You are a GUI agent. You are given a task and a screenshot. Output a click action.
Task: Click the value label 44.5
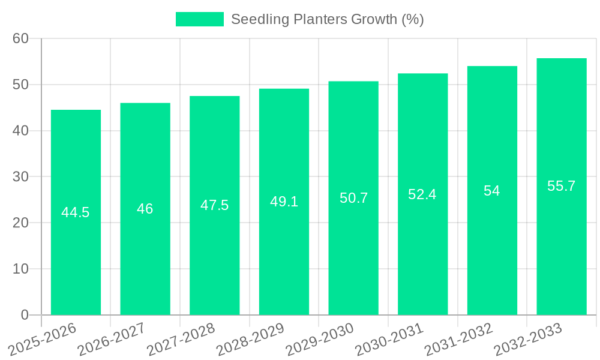coord(76,212)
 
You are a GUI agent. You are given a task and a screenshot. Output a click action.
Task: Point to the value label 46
coord(145,209)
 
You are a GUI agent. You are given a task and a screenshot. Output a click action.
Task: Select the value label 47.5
coord(214,205)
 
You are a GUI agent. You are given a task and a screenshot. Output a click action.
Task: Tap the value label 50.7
coord(353,198)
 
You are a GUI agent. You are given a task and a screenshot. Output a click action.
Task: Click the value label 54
coord(492,191)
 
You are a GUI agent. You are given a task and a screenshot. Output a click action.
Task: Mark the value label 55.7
coord(562,186)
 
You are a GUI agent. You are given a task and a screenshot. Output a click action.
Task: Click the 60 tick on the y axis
coord(21,38)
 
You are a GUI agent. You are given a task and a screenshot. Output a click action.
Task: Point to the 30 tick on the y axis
coord(21,177)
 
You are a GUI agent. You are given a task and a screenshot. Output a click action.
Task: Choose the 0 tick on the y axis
coord(25,315)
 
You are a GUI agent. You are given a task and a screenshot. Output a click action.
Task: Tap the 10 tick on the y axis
coord(21,269)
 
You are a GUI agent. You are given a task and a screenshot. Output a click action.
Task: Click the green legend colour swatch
coord(199,19)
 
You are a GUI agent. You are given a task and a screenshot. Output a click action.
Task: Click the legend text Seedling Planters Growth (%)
coord(327,19)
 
